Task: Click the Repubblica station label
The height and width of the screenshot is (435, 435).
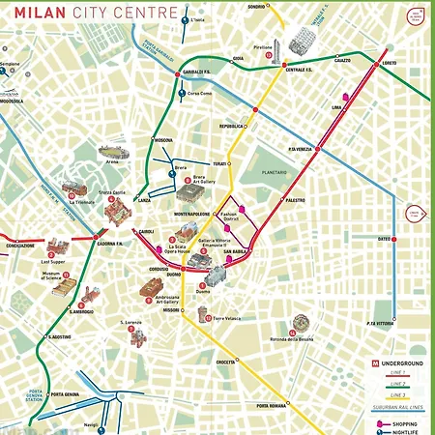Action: click(231, 126)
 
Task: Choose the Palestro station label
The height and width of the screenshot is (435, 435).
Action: click(295, 199)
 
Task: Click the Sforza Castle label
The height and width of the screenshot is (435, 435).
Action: click(113, 193)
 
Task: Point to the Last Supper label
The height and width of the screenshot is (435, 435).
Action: click(52, 262)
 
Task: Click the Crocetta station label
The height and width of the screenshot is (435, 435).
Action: click(226, 362)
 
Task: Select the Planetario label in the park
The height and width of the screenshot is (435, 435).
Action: click(274, 173)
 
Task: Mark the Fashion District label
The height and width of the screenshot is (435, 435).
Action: click(228, 217)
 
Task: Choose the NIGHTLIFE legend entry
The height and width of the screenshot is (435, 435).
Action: click(406, 430)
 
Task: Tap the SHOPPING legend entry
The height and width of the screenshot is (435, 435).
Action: click(406, 422)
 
